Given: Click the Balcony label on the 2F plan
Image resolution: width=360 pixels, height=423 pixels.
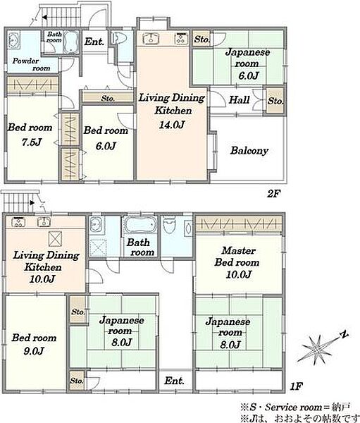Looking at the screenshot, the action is [249, 151].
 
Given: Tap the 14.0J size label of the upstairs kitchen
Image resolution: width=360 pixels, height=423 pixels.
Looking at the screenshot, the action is [172, 125].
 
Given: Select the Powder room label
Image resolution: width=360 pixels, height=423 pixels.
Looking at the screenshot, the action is [32, 64].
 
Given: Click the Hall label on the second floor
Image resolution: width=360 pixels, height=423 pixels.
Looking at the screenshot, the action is [240, 100].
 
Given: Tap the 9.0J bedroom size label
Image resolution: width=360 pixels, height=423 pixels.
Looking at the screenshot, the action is [33, 351].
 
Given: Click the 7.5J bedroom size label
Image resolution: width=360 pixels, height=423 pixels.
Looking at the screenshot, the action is [32, 142].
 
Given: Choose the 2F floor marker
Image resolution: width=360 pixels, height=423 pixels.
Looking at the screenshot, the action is [274, 194].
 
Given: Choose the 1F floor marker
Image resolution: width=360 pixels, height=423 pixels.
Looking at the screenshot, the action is [297, 386].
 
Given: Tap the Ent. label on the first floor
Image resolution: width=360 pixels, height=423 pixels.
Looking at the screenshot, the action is [174, 381].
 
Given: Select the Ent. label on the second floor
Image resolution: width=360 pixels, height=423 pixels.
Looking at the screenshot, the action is [94, 42].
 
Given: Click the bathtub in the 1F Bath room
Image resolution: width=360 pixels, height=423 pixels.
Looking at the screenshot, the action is [140, 226].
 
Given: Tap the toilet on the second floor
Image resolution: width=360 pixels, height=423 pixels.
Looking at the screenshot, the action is [118, 38].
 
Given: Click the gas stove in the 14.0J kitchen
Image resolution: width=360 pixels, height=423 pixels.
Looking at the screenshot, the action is [181, 38].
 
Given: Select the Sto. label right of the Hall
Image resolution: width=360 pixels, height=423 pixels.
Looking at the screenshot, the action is [275, 101].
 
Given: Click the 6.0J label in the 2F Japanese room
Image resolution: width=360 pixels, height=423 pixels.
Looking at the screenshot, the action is [249, 75].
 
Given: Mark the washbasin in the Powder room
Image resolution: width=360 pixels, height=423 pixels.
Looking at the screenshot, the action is [13, 41].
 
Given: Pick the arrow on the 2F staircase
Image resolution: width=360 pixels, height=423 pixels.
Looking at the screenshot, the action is [45, 17].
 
